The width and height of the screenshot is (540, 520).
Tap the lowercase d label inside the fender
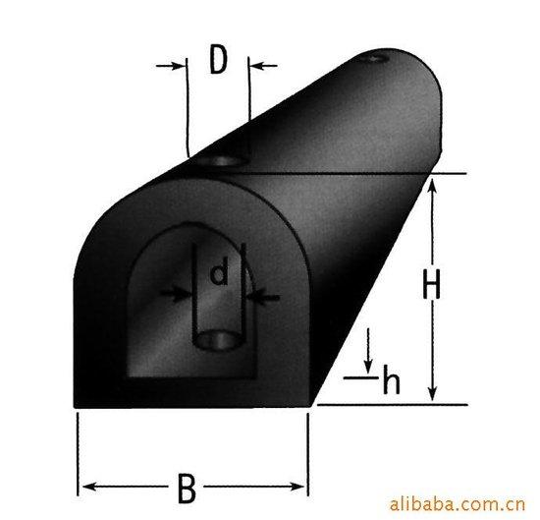coord(219,274)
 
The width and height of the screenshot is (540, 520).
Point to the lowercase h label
coord(391,378)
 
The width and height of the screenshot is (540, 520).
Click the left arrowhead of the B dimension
coord(85,485)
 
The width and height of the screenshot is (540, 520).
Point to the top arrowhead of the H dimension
coord(432,182)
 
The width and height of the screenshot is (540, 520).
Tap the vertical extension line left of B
coord(78,447)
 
